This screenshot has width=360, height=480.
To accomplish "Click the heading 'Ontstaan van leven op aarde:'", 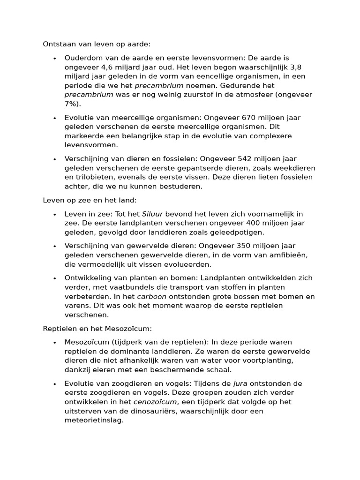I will [97, 44].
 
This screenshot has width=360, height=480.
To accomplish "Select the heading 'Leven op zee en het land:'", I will [90, 201].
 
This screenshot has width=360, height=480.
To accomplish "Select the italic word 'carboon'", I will [151, 297].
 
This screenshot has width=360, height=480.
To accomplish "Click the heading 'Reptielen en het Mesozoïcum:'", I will [97, 329].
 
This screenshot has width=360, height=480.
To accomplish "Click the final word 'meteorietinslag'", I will [93, 420].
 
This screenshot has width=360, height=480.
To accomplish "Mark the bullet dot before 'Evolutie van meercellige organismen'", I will [55, 118].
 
